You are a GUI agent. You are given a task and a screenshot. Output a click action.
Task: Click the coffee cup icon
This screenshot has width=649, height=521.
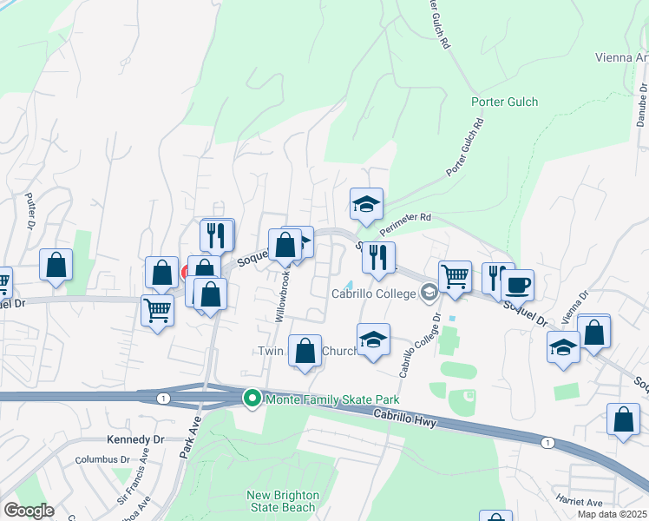[517, 285]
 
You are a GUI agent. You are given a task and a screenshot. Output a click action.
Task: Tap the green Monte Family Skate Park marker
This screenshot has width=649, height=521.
[252, 399]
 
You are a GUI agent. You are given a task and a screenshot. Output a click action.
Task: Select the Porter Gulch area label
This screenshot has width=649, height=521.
[504, 102]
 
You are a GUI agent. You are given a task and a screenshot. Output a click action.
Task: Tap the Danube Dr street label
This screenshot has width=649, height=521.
[640, 104]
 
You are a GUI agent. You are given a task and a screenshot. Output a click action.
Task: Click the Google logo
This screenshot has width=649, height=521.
[29, 511]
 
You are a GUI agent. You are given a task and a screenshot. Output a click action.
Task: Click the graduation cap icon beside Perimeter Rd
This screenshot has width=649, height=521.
[366, 205]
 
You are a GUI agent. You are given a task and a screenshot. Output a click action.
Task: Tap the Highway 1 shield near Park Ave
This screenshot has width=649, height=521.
[162, 398]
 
